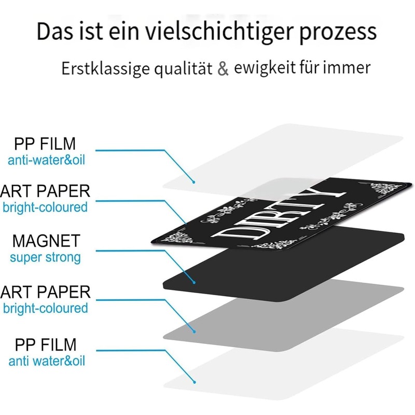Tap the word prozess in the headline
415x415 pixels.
pos(338,33)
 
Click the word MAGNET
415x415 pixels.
pos(46,241)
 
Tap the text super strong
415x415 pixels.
pos(45,257)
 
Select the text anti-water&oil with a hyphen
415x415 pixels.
pos(47,160)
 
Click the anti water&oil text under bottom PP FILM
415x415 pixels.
pos(47,361)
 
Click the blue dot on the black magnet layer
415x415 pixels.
pos(194,283)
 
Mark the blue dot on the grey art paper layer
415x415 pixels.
pos(194,331)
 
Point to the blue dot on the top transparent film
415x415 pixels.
pos(193,182)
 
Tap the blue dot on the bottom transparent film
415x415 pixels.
pos(195,382)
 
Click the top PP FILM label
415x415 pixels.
pos(45,144)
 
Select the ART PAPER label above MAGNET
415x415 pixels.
pos(45,191)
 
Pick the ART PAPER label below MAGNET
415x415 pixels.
pos(46,292)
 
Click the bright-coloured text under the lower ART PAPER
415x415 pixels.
pos(46,308)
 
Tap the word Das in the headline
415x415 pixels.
pos(54,31)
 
